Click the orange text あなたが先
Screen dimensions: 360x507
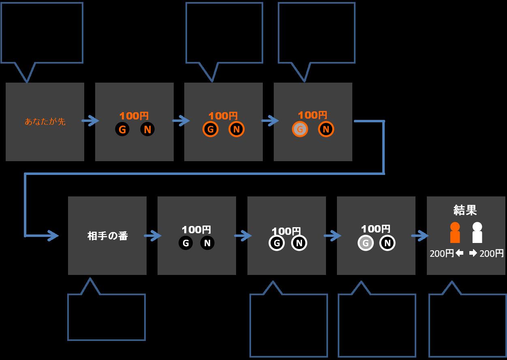(45, 121)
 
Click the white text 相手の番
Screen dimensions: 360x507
(107, 236)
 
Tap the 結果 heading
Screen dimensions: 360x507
(465, 210)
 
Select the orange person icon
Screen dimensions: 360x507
(455, 232)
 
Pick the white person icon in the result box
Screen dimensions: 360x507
(477, 232)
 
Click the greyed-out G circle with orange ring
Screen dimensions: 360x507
(300, 130)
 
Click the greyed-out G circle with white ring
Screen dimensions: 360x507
(365, 243)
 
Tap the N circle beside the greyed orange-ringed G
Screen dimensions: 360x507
(326, 130)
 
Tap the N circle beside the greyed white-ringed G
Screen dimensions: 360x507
(387, 243)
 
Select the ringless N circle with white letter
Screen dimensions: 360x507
(207, 243)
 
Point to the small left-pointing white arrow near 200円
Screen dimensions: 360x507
(459, 253)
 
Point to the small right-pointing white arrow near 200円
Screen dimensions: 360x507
(473, 253)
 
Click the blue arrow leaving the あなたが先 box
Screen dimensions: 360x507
(90, 121)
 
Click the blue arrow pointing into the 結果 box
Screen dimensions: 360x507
(420, 235)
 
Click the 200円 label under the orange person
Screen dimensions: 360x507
(442, 254)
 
